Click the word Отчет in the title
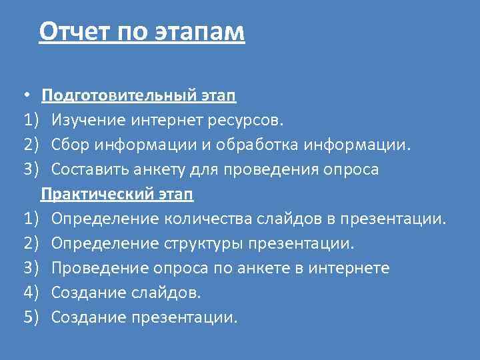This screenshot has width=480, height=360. click(77, 31)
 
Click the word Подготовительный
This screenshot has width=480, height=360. click(119, 95)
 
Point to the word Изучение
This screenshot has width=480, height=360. click(87, 120)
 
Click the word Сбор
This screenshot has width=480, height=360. click(70, 145)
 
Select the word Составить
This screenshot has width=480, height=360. click(94, 169)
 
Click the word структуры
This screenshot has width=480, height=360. click(204, 243)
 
